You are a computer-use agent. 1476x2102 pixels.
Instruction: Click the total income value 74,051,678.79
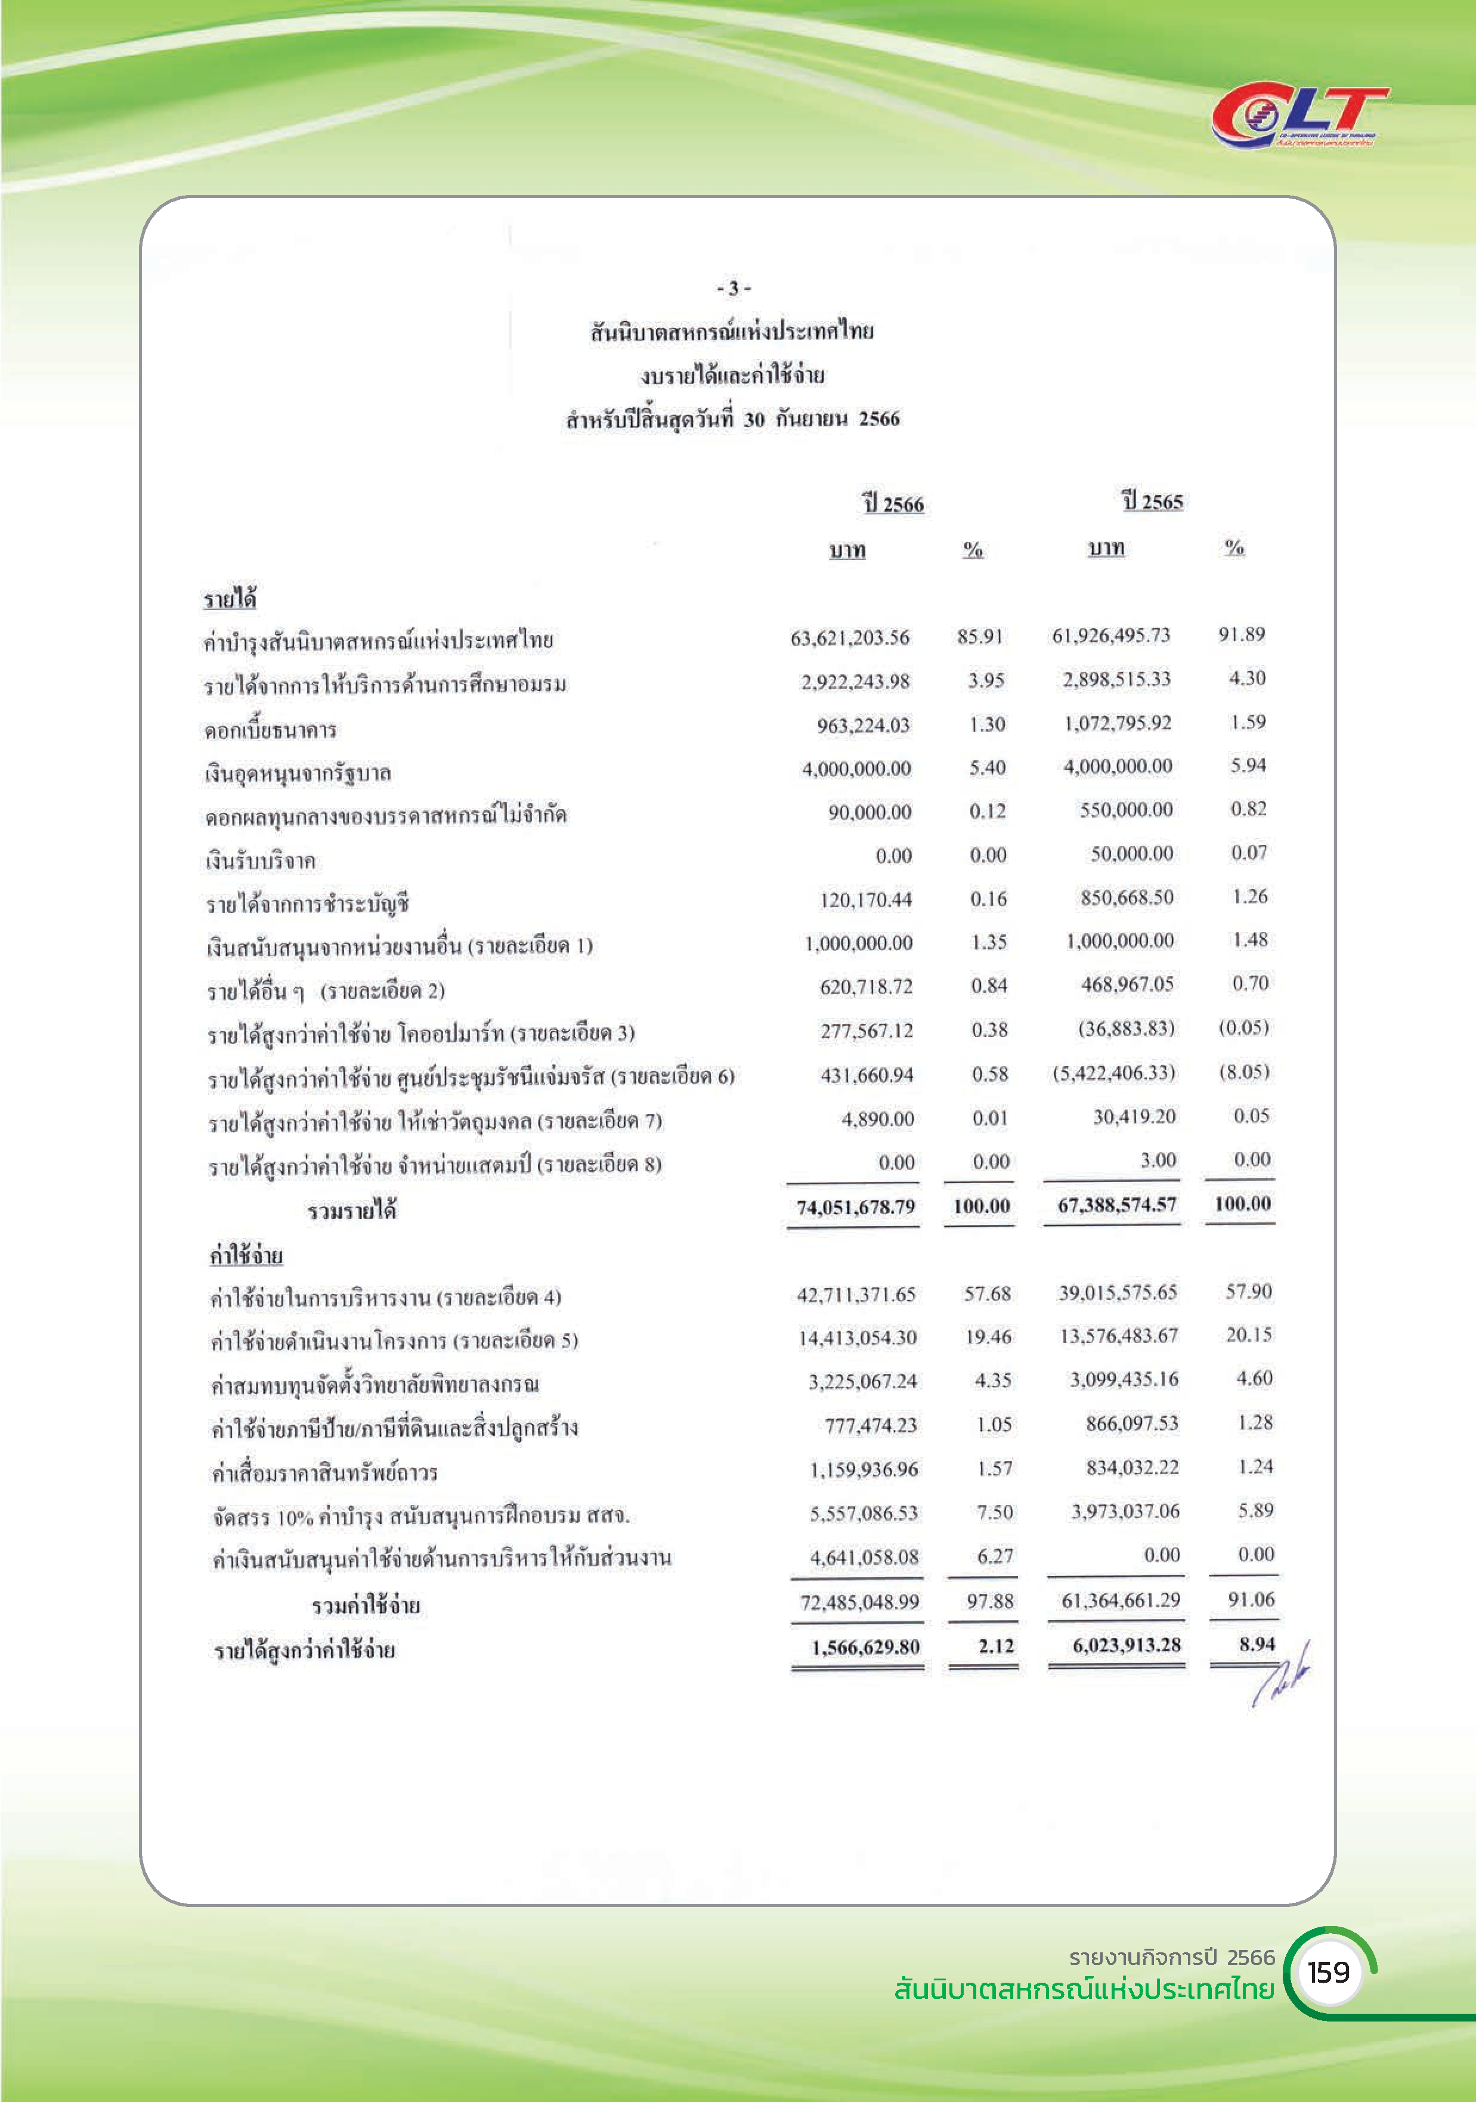(855, 1206)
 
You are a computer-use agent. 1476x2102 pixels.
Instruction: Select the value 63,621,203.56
(850, 637)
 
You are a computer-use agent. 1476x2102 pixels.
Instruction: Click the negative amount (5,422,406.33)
(1113, 1072)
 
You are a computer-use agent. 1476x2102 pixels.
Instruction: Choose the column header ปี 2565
(1153, 501)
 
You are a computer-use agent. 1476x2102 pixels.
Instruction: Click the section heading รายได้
(230, 600)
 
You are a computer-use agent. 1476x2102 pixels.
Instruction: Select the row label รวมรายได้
(352, 1211)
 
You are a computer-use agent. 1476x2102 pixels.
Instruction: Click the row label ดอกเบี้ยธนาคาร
(270, 730)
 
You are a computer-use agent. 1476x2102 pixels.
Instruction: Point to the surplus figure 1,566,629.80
(865, 1647)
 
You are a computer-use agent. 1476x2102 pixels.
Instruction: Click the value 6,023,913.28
(1126, 1645)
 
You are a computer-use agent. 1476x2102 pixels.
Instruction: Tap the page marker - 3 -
(734, 289)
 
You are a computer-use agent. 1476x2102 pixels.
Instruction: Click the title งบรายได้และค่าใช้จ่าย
(732, 375)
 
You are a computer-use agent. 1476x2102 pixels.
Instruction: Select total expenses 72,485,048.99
(859, 1602)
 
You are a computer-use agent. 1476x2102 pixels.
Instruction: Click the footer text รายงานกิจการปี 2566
(1171, 1957)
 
